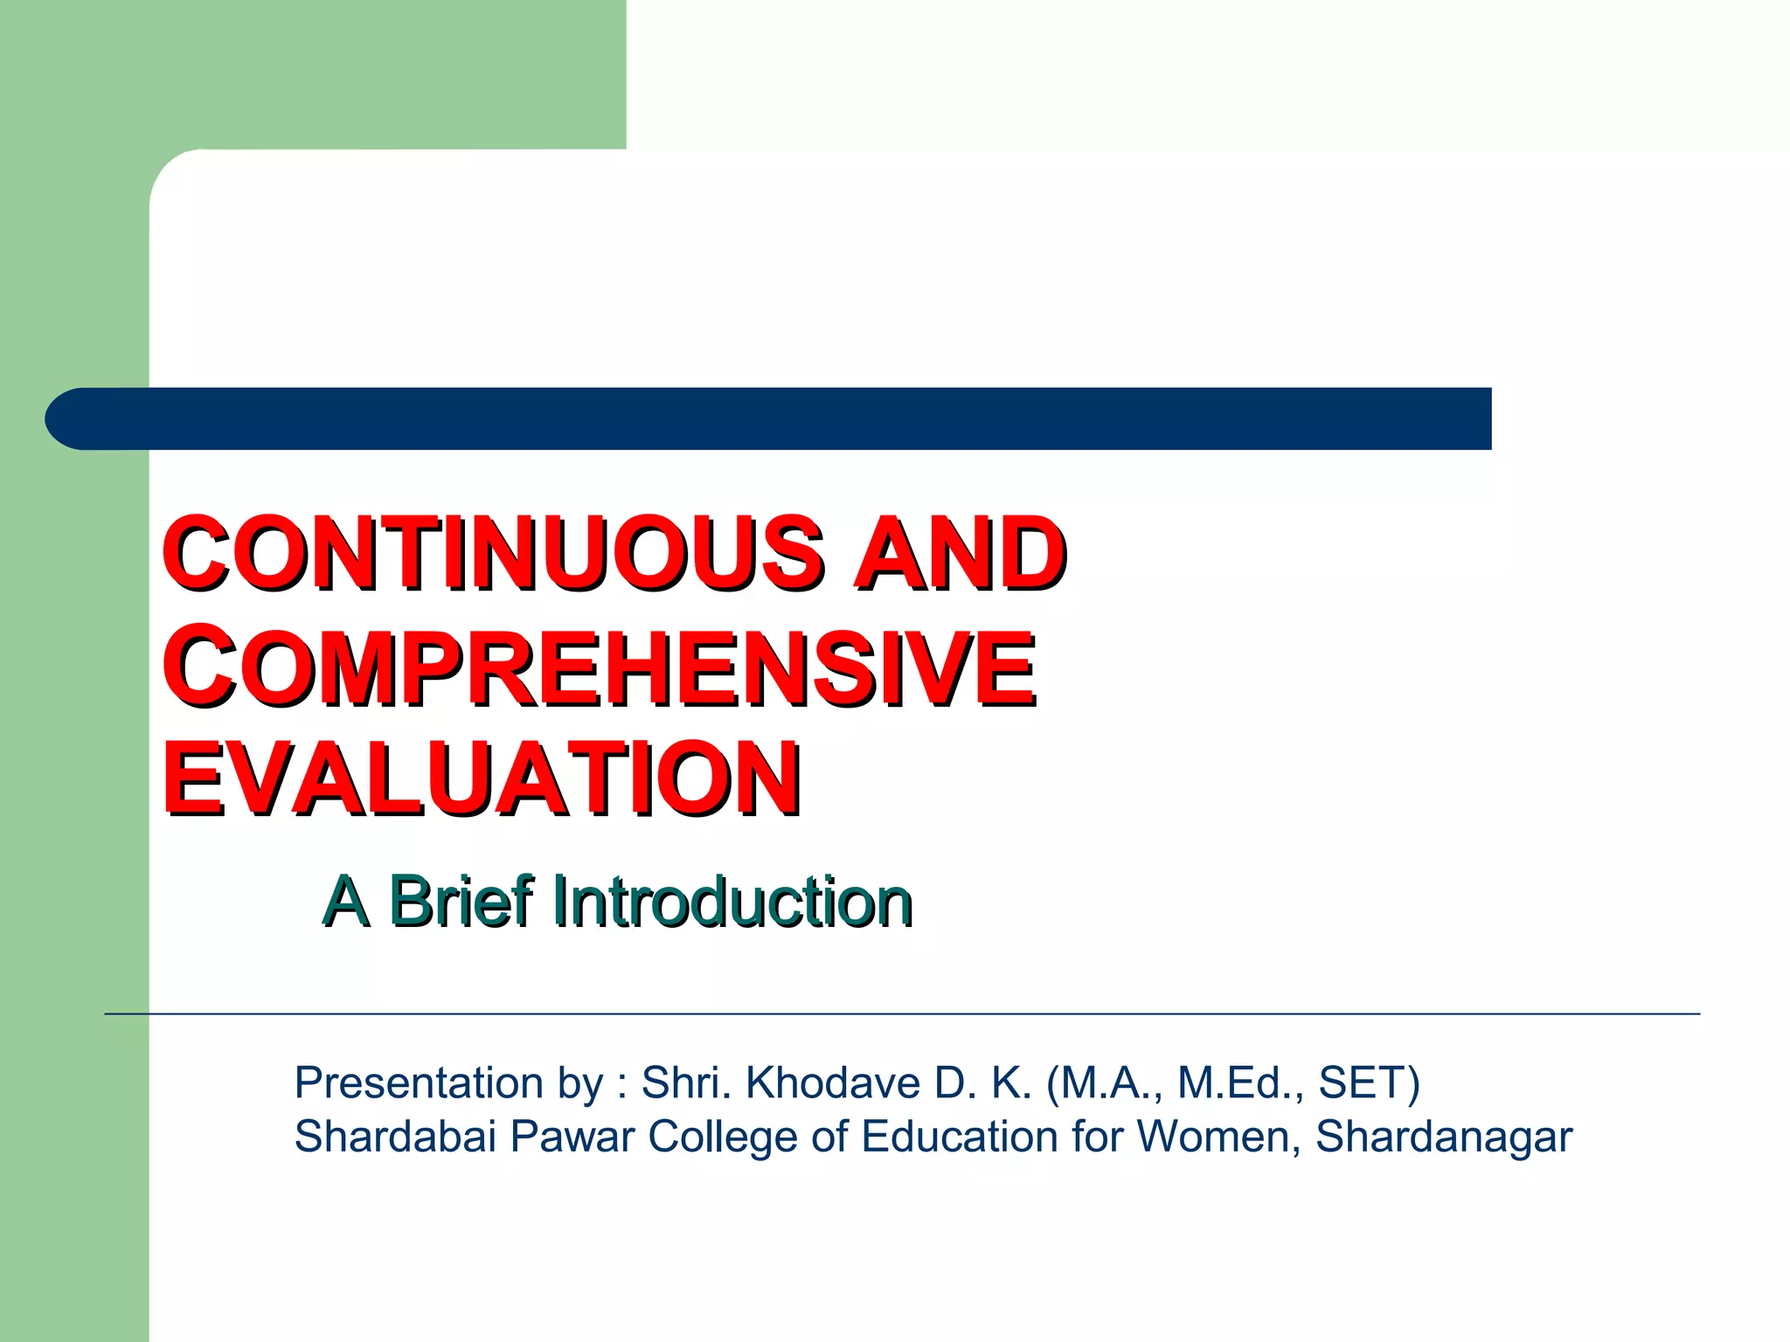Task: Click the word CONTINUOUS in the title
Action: point(494,552)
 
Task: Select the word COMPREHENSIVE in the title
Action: point(599,668)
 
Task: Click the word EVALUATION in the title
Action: point(482,778)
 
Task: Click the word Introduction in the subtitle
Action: point(732,901)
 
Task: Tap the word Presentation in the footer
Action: point(419,1083)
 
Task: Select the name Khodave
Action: point(833,1083)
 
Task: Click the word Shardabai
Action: point(395,1137)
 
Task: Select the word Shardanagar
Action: point(1443,1137)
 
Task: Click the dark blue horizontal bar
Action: point(787,419)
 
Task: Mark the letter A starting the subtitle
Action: point(345,901)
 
